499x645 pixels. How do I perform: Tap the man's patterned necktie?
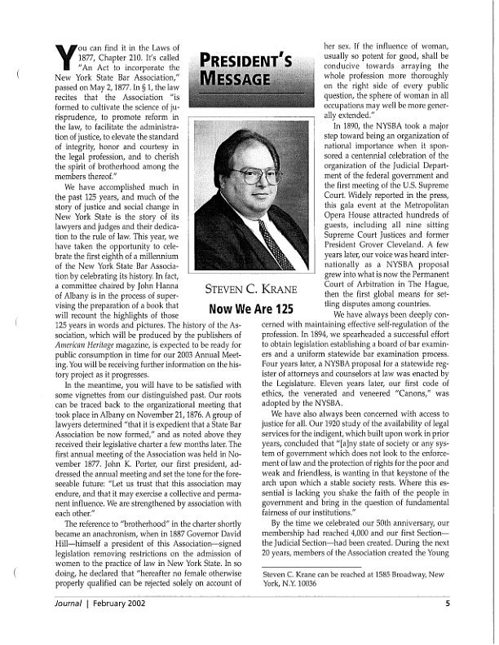pyautogui.click(x=274, y=244)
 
